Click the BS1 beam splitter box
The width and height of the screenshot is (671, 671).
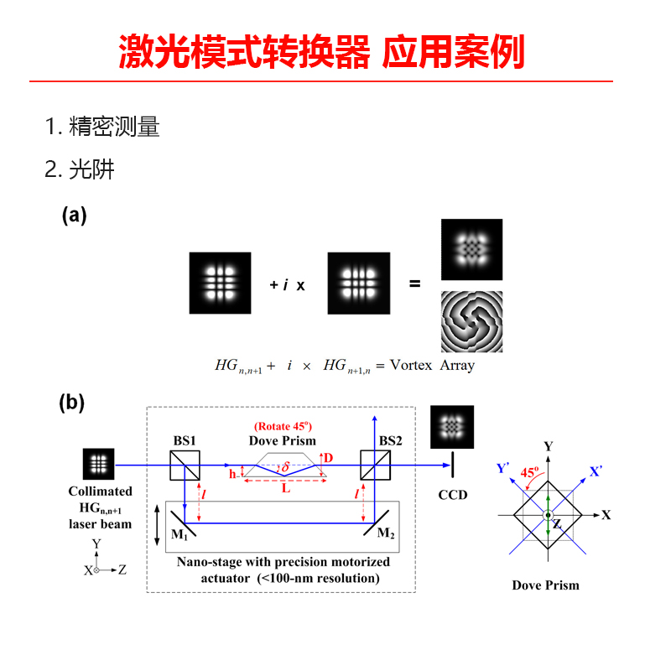[185, 466]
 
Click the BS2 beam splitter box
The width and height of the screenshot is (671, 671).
[375, 466]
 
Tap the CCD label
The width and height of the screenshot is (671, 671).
[453, 495]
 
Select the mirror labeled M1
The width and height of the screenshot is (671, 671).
[183, 523]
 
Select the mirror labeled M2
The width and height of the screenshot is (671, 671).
[376, 523]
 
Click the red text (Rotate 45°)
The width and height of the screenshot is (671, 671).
[283, 426]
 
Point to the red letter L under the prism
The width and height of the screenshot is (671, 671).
[286, 488]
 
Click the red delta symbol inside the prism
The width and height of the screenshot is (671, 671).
[285, 466]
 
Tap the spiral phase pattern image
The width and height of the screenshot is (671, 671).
[471, 322]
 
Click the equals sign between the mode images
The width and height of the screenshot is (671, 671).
[414, 283]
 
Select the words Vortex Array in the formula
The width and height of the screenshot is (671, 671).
[432, 366]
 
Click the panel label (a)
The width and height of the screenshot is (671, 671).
[74, 216]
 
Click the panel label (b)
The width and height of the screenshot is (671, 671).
[72, 403]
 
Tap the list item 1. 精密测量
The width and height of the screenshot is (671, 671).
[102, 127]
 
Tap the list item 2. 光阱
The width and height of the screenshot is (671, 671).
[80, 169]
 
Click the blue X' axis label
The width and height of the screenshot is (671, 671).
[596, 471]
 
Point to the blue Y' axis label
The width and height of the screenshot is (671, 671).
[502, 468]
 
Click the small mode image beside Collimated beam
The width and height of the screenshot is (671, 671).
[98, 464]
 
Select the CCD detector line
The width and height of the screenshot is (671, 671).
[452, 465]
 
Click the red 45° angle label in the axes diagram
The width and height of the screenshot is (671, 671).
[529, 472]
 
